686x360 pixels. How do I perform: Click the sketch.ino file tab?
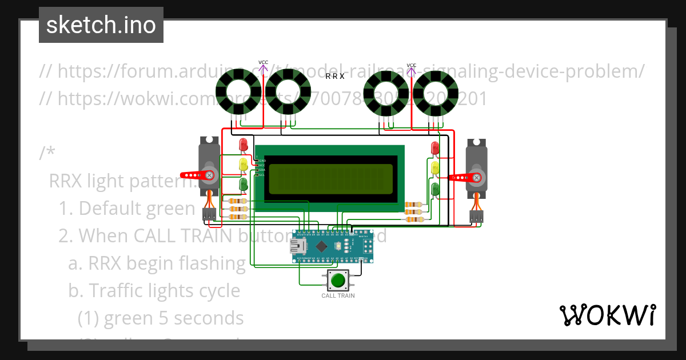tap(101, 25)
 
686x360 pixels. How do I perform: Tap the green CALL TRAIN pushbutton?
tap(338, 281)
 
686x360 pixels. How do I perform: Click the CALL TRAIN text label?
tap(338, 296)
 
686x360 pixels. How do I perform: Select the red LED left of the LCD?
tap(244, 145)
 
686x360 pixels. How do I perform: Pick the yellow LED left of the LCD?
tap(244, 165)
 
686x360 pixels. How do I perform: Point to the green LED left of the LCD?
tap(244, 184)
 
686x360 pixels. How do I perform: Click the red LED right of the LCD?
tap(434, 148)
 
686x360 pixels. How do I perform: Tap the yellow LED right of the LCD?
tap(434, 168)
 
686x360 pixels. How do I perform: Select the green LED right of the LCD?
tap(435, 189)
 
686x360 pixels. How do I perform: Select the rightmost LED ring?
tap(436, 95)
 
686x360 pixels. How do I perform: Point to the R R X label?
tap(334, 76)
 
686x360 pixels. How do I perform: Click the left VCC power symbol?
tap(263, 66)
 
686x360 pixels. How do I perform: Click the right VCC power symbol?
tap(412, 69)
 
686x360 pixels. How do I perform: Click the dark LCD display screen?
tap(330, 178)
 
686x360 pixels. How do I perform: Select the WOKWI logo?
tap(607, 315)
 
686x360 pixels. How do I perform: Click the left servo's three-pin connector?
tap(209, 214)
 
